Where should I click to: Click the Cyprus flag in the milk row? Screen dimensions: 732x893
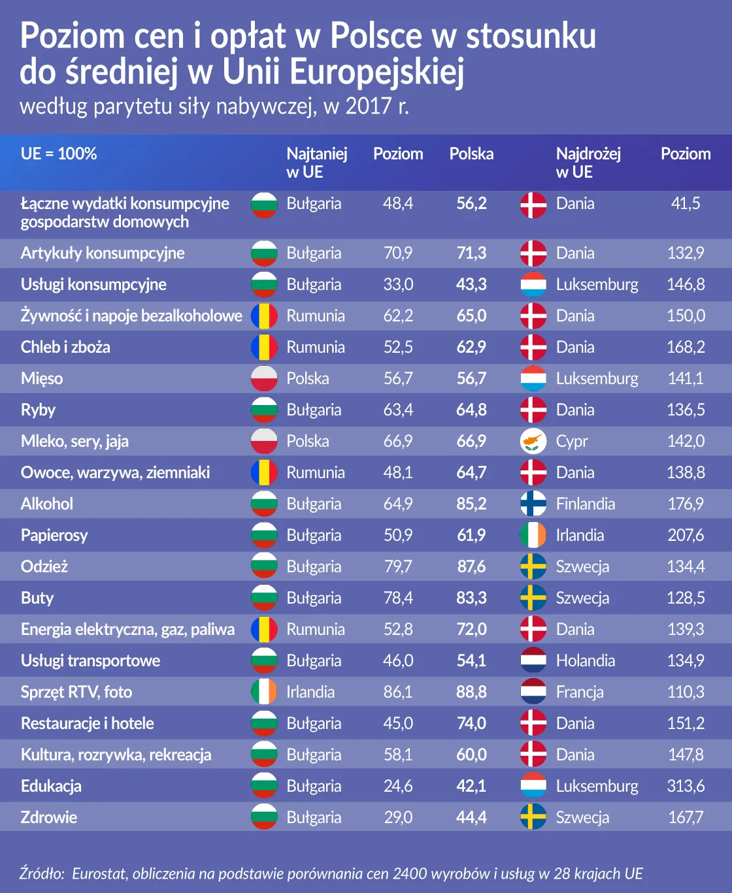(x=533, y=441)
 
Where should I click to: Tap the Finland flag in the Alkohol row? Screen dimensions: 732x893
(x=533, y=504)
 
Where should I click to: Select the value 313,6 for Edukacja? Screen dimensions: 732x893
(x=686, y=786)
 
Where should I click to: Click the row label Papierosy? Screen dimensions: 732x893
(x=54, y=536)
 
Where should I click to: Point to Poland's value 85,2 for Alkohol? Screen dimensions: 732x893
(x=471, y=504)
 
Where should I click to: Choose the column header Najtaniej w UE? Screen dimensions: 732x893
(x=316, y=163)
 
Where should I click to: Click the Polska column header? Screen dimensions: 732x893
(x=471, y=154)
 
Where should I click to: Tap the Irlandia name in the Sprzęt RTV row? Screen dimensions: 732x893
(x=310, y=692)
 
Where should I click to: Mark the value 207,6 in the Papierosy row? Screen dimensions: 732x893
(x=686, y=535)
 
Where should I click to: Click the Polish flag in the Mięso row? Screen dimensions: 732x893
(x=264, y=378)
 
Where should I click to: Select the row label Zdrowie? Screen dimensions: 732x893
(x=49, y=817)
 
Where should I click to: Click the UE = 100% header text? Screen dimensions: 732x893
(x=59, y=154)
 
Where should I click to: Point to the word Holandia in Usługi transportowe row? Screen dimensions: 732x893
(x=586, y=660)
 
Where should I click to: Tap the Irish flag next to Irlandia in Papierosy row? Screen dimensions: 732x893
(x=533, y=535)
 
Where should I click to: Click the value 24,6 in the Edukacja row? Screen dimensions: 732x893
(x=398, y=786)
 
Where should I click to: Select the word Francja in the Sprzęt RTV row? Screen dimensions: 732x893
(x=580, y=692)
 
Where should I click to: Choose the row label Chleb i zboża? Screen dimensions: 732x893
(x=65, y=348)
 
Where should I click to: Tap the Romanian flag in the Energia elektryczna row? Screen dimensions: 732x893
(x=264, y=629)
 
